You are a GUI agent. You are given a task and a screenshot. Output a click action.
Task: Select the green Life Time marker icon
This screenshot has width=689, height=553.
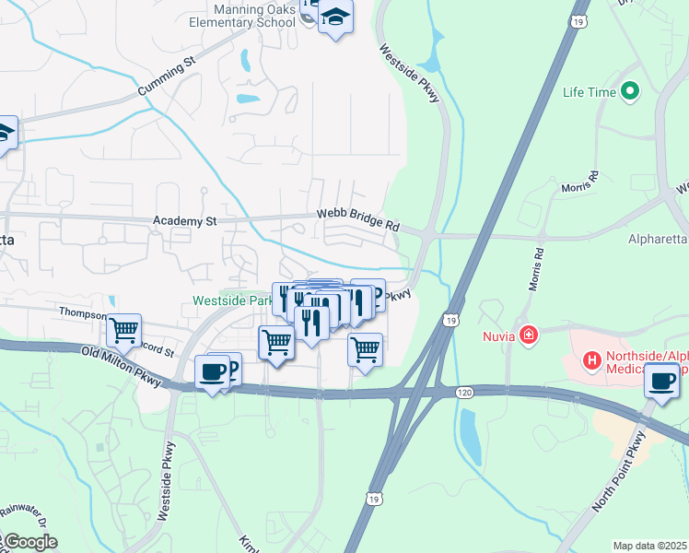[x=630, y=91]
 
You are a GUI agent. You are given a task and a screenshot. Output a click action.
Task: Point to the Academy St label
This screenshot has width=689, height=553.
[x=184, y=221]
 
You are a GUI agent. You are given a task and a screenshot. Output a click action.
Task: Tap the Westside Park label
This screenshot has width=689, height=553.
[x=231, y=300]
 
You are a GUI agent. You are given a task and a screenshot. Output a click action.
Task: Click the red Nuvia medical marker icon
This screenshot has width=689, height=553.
[x=529, y=335]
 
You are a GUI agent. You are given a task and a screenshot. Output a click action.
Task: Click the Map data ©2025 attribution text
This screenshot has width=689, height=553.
[x=649, y=546]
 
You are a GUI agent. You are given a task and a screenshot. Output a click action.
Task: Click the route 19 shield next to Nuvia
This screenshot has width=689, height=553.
[x=450, y=320]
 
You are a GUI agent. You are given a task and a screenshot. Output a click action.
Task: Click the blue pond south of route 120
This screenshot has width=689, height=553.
[x=469, y=437]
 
